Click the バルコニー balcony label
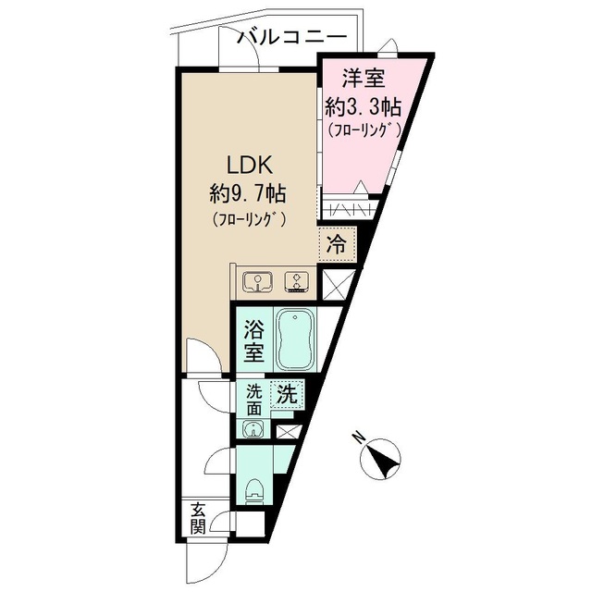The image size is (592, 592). pos(292,38)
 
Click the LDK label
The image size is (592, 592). pos(244,166)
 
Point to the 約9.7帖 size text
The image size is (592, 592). pos(246,193)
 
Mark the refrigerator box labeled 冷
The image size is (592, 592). pos(338,244)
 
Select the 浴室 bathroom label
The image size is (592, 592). pos(253,339)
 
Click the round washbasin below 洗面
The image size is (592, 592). pos(253,427)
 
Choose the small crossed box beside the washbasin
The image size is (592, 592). pos(287,430)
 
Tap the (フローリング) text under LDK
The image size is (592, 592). pos(247,219)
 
